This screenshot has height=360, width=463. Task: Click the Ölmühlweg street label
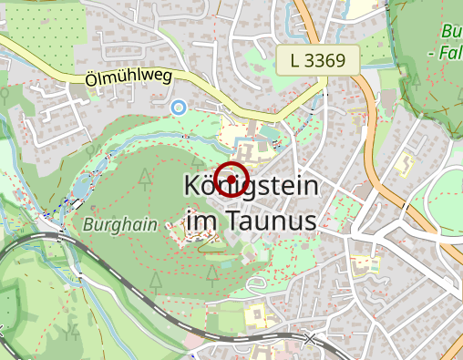pyautogui.click(x=128, y=79)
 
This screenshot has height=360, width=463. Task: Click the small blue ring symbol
pyautogui.click(x=179, y=107)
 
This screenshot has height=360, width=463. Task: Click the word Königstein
pyautogui.click(x=252, y=187)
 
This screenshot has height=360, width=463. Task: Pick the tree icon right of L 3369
pyautogui.click(x=416, y=80)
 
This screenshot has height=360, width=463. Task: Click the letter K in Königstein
pyautogui.click(x=192, y=187)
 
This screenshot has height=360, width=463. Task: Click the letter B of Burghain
pyautogui.click(x=88, y=223)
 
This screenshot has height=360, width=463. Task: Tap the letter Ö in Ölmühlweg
pyautogui.click(x=90, y=79)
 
